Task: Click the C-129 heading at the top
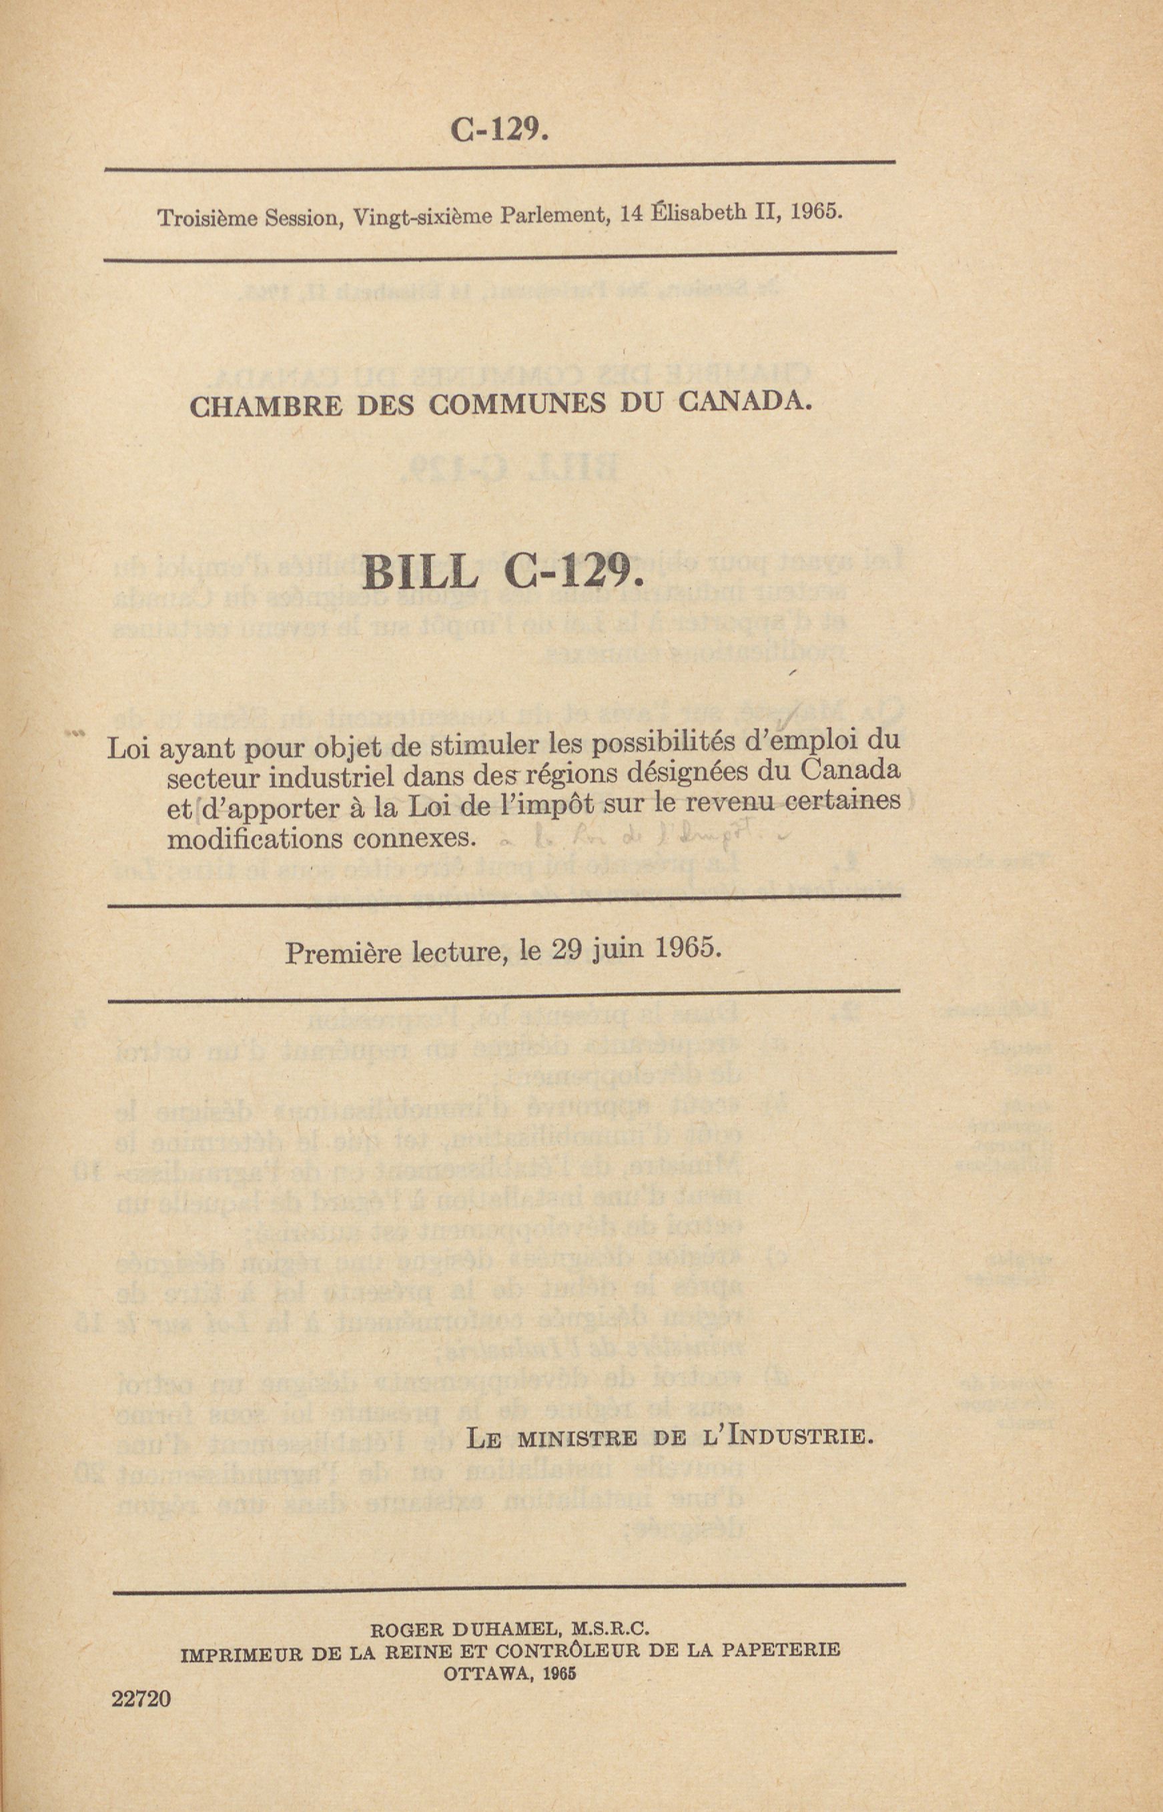[498, 131]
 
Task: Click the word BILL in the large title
[420, 575]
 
